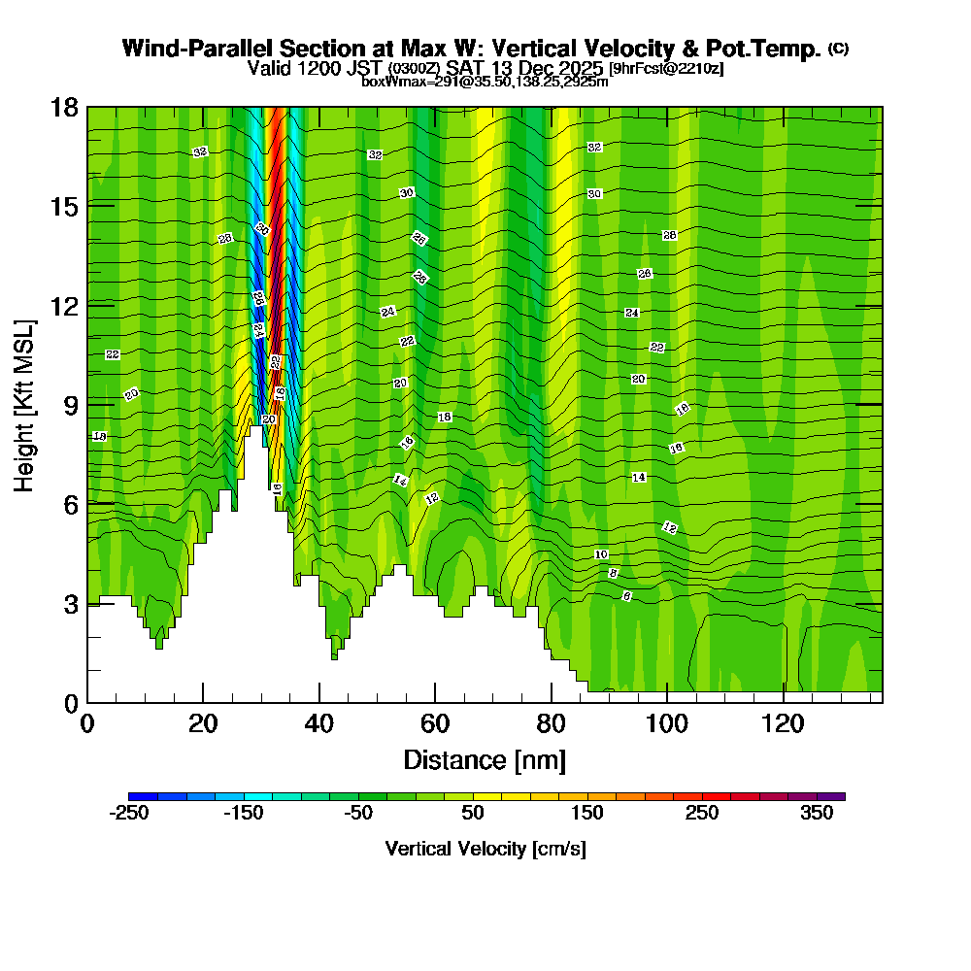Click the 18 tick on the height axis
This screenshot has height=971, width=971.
pos(87,107)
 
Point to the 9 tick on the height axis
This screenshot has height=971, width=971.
pos(87,404)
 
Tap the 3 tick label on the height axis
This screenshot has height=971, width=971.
pos(70,604)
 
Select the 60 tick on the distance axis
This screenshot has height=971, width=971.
pos(435,702)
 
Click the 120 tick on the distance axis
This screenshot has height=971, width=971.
pos(784,702)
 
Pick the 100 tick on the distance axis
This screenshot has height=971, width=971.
pos(667,702)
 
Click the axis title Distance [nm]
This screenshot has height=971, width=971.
pos(484,758)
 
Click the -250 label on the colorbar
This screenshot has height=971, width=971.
pos(128,814)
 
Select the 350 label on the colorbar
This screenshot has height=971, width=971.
pos(817,814)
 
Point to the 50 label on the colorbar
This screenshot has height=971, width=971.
pos(473,814)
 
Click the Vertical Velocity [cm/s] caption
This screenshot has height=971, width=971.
pos(485,849)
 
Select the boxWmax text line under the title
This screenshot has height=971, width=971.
pos(485,82)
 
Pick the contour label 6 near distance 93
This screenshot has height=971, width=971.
pos(626,596)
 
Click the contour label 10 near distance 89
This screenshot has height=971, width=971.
pos(601,554)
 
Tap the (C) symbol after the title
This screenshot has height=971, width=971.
pos(838,48)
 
